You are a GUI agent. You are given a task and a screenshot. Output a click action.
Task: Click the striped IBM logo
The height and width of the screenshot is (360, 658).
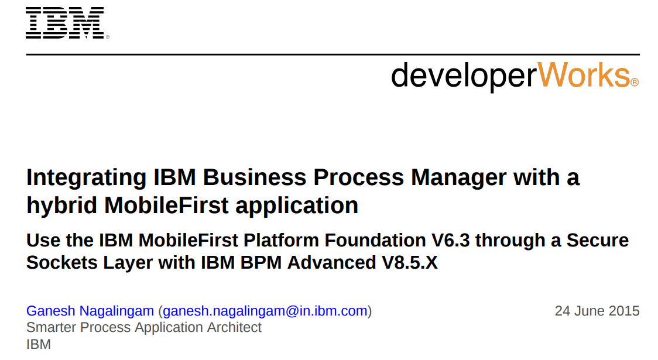coord(65,23)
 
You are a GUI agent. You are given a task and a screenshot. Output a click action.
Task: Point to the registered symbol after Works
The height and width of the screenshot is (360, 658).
coord(635,83)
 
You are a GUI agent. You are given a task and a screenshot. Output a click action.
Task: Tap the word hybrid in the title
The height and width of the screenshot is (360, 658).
coord(62,205)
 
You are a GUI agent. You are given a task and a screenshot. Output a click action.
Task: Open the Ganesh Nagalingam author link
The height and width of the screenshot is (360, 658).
coord(90,311)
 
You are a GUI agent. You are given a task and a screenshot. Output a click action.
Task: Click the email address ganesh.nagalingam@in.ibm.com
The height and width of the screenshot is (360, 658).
coord(265,311)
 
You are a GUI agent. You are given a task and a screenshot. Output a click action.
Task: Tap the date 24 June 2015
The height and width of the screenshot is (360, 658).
coord(597,311)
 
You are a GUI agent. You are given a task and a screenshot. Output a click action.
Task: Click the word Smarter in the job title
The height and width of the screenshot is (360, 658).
coord(51,327)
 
